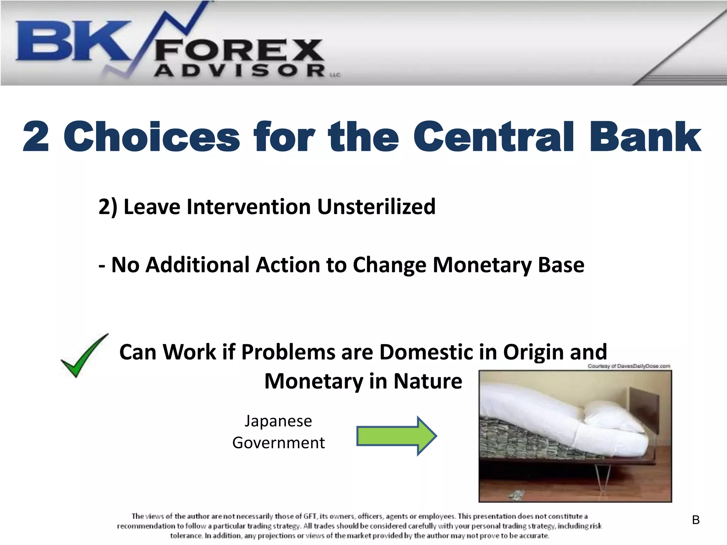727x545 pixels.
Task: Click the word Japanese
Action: pyautogui.click(x=278, y=421)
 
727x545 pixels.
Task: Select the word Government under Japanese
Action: pyautogui.click(x=278, y=443)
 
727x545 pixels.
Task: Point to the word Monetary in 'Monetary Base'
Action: pyautogui.click(x=481, y=265)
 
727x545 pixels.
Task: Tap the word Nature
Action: pyautogui.click(x=428, y=381)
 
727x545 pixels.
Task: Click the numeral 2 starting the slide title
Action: pyautogui.click(x=35, y=137)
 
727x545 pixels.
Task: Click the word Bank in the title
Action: pyautogui.click(x=645, y=137)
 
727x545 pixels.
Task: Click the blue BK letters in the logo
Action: pyautogui.click(x=71, y=41)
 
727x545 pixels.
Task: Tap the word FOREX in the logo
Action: pyautogui.click(x=239, y=50)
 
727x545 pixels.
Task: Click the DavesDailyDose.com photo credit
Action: pyautogui.click(x=629, y=366)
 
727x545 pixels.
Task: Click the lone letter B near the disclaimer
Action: pyautogui.click(x=696, y=520)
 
